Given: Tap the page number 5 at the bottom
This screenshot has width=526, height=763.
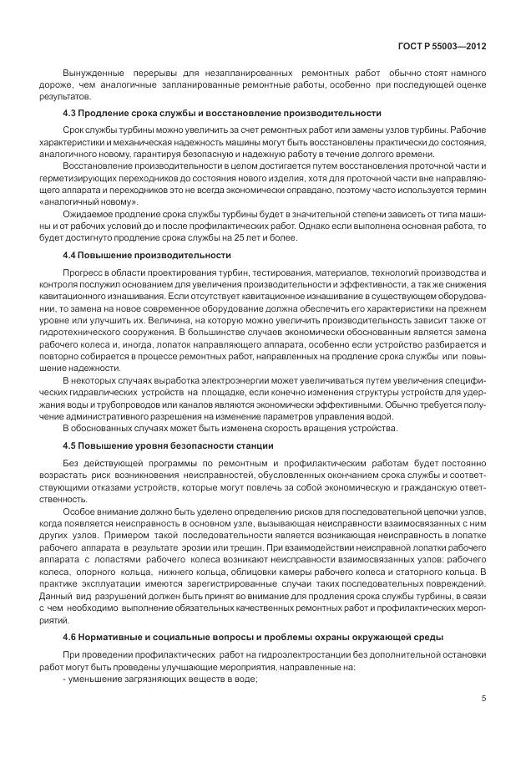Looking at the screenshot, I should point(484,699).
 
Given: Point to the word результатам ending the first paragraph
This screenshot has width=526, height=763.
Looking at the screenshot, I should point(59,96).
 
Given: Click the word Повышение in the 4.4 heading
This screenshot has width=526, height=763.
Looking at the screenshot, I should point(106,255).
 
